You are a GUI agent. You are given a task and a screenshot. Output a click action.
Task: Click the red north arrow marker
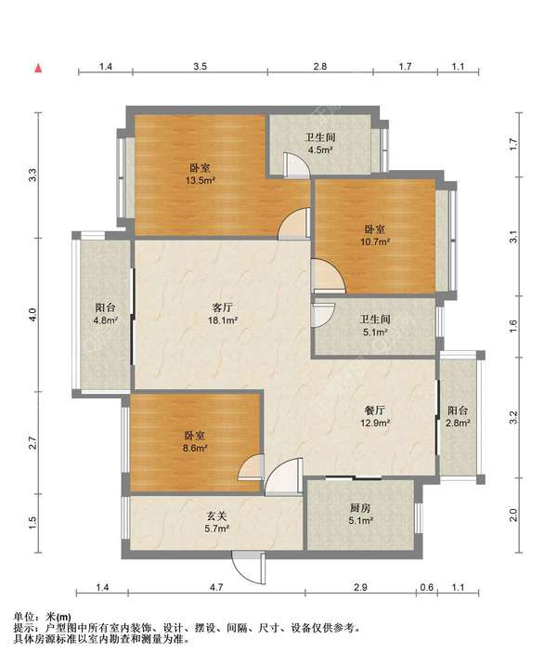[39, 68]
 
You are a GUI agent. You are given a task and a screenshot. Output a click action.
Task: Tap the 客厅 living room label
[222, 307]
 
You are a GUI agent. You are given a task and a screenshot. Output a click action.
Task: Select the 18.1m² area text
[222, 320]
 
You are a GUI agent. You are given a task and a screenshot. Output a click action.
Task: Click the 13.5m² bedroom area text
[201, 181]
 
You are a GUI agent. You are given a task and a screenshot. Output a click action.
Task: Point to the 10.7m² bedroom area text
[375, 241]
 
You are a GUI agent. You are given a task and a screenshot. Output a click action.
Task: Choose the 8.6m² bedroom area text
[195, 448]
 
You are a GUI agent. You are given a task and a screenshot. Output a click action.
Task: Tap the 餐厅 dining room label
[375, 411]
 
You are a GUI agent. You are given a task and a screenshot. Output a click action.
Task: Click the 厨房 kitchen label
[361, 508]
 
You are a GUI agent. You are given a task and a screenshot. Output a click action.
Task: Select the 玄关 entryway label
[217, 515]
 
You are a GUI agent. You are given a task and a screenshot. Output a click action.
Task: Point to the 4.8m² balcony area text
[105, 320]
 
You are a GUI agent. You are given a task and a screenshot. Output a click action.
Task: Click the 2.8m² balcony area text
[458, 423]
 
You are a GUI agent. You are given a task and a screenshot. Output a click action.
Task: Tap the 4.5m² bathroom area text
[320, 150]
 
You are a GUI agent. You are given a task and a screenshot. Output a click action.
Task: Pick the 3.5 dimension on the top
[201, 66]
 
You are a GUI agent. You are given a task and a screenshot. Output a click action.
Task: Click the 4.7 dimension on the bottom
[216, 587]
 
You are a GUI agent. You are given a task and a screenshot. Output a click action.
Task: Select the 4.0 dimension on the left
[33, 315]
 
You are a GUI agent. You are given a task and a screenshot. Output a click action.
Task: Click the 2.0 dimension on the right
[513, 515]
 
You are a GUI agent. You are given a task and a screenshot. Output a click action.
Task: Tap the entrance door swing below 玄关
[248, 568]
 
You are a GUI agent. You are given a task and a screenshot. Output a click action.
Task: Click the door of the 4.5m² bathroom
[298, 163]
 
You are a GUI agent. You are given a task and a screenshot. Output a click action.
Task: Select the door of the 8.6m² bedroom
[251, 467]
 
